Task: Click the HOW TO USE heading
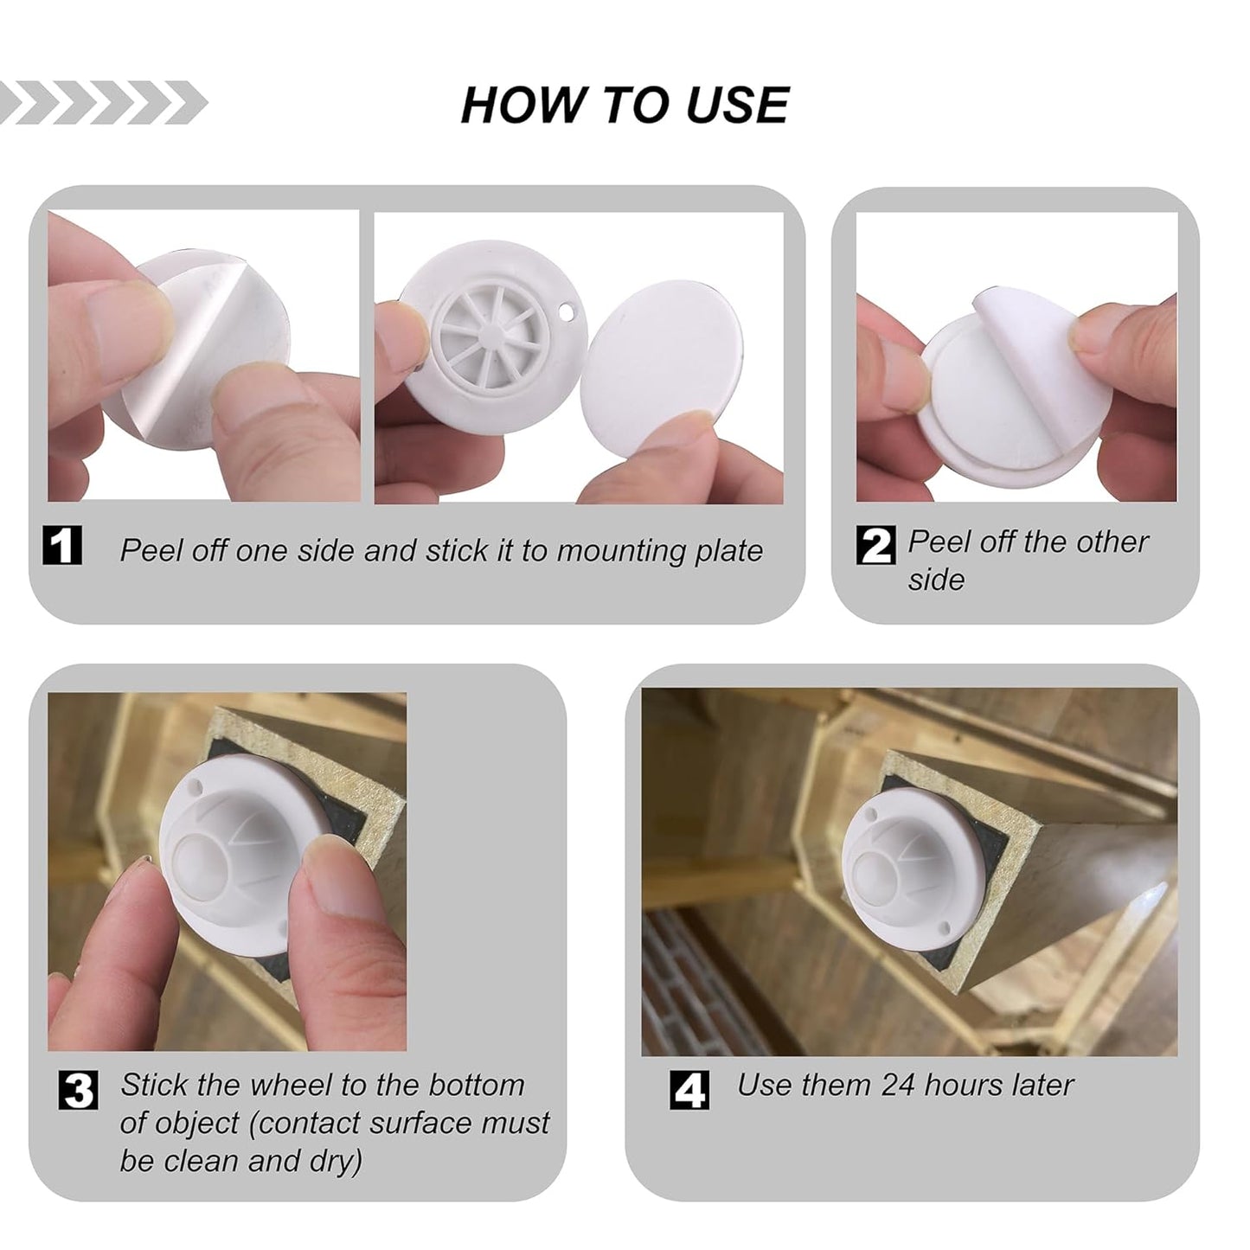click(625, 105)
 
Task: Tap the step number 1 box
click(62, 546)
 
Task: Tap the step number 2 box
click(876, 545)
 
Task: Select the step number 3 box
click(79, 1089)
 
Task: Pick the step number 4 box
click(689, 1089)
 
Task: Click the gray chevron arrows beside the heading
click(102, 103)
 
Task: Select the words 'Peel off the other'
click(1028, 542)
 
